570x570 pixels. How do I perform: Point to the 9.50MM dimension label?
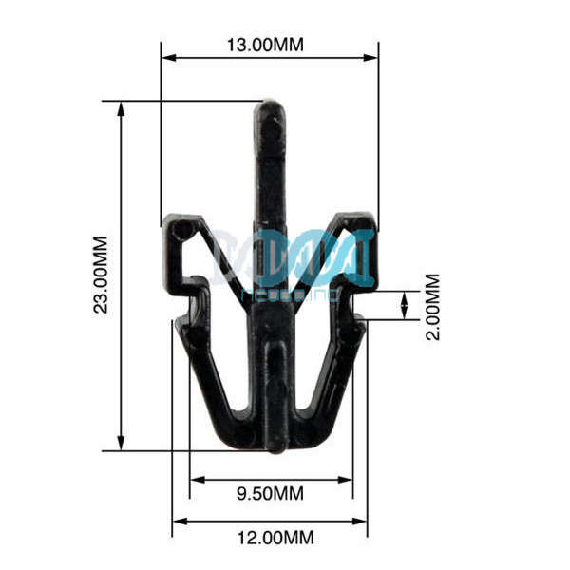pos(270,494)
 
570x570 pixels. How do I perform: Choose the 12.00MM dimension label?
pos(275,538)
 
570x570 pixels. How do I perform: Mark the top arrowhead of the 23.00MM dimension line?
pos(121,107)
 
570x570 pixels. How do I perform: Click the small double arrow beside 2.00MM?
pos(406,306)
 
